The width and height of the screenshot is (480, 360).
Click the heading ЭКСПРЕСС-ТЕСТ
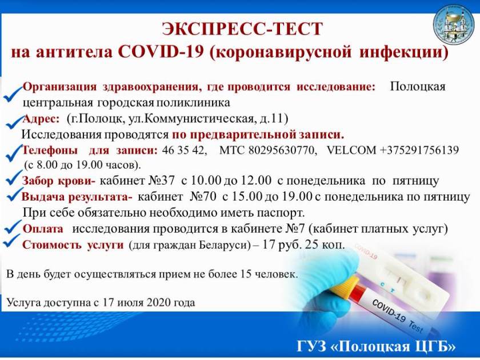point(242,29)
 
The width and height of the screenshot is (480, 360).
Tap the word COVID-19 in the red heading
point(161,52)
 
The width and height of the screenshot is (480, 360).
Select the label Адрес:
point(41,118)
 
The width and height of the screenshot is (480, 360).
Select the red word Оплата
point(43,229)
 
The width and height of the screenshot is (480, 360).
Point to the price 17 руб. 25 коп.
point(302,245)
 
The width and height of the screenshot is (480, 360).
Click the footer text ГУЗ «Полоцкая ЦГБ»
point(376,346)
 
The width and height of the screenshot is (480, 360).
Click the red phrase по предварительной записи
point(258,134)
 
